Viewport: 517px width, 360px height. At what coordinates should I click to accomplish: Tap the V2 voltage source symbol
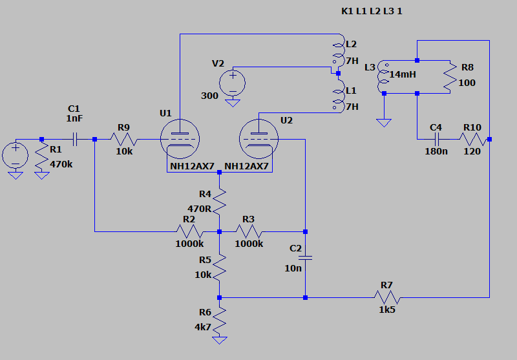pyautogui.click(x=232, y=83)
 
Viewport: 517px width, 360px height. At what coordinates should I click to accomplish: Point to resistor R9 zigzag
pyautogui.click(x=123, y=138)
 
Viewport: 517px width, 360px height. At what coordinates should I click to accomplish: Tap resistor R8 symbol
pyautogui.click(x=450, y=77)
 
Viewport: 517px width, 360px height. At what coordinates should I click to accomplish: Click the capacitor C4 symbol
pyautogui.click(x=437, y=138)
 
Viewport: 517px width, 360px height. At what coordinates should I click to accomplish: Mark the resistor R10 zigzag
pyautogui.click(x=472, y=138)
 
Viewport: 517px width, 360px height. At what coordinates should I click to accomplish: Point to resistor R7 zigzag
pyautogui.click(x=388, y=297)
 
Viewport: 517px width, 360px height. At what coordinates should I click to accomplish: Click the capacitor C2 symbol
pyautogui.click(x=305, y=257)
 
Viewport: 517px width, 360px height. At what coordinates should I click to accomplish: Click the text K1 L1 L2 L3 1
pyautogui.click(x=376, y=12)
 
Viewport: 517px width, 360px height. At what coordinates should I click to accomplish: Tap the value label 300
pyautogui.click(x=210, y=96)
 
